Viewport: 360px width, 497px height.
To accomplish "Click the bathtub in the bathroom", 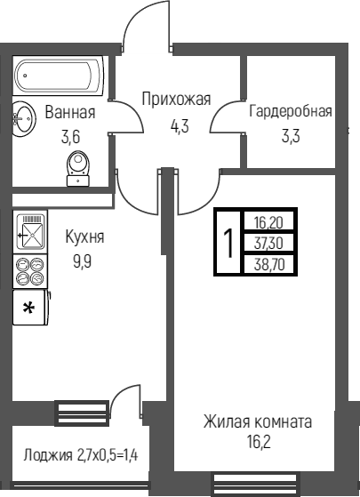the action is coord(59,76).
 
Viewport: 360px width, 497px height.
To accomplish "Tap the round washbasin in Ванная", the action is coord(24,119).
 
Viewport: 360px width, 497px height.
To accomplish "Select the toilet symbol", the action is coord(78,168).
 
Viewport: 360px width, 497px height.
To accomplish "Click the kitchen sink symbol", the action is coord(30,232).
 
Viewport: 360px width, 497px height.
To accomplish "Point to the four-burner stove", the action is coord(30,271).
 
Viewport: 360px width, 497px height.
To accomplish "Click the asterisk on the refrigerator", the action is coord(28,309).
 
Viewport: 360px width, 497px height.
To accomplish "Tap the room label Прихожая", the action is coord(176,100).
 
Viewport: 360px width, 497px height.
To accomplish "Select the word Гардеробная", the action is coord(291,111).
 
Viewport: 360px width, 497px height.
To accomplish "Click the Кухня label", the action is coord(84,236).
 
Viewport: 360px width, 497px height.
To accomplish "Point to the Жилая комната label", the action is coord(258,422).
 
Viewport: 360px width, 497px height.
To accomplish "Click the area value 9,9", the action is coord(83,261).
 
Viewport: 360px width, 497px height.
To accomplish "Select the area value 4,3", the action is coord(180,126).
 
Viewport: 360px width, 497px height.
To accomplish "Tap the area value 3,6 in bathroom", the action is coord(70,137).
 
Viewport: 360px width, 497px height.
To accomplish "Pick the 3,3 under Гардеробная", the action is coord(291,137).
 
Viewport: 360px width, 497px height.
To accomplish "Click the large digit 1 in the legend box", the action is coord(228,243).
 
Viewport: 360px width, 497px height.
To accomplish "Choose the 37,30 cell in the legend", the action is coord(268,244).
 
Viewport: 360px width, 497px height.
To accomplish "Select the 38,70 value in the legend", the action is coord(269,264).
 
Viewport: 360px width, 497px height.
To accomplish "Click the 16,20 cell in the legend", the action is coord(268,223).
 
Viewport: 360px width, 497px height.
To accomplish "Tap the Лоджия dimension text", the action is coord(81,456).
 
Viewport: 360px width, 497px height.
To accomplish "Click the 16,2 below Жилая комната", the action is coord(259,442).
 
